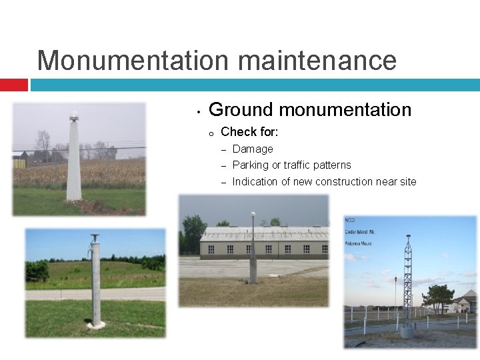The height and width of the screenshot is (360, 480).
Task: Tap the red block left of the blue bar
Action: tap(13, 85)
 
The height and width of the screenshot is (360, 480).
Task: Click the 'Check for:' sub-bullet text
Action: tap(249, 131)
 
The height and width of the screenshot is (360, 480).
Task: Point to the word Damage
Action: tap(253, 149)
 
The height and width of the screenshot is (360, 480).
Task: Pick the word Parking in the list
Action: tap(251, 165)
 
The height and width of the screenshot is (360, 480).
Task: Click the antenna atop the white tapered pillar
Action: tap(74, 117)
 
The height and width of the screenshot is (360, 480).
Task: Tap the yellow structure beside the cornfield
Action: tap(19, 163)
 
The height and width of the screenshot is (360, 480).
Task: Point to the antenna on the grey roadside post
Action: tap(95, 237)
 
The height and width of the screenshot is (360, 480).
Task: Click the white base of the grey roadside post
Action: tap(96, 325)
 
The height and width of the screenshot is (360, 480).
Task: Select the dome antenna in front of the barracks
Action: tap(253, 215)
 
